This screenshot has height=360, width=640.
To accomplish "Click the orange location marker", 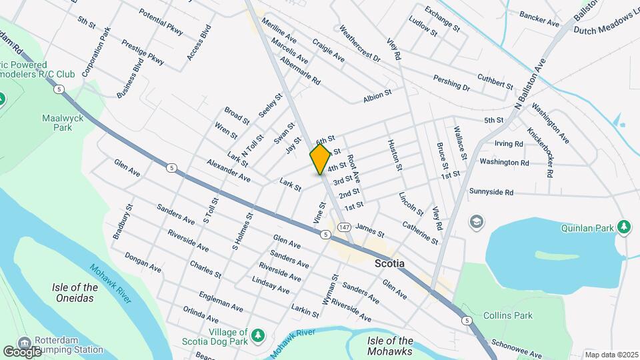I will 321,159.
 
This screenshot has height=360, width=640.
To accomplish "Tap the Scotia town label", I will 389,263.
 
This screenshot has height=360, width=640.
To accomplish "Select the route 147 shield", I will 344,227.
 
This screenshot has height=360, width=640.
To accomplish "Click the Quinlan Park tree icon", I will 624,227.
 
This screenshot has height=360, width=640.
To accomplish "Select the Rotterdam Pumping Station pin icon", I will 24,343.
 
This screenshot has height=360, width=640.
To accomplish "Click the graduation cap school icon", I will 477,221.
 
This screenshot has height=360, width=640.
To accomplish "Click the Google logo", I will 22,351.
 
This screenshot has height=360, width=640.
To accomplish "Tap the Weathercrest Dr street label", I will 359,44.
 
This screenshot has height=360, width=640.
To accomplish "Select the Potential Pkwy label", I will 161,22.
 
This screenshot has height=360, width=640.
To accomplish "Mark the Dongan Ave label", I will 143,263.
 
